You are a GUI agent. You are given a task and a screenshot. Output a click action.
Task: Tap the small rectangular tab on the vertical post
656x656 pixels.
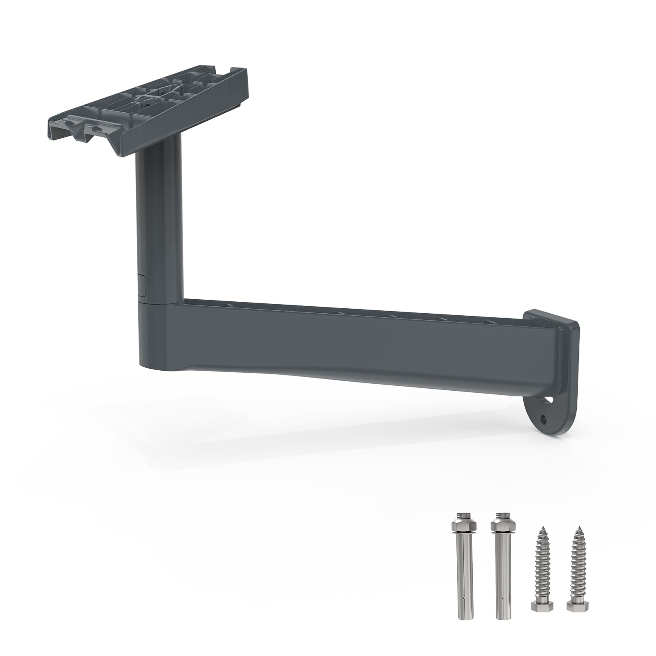coord(142,285)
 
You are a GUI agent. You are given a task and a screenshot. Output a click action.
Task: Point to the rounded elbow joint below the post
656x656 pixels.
coord(158,336)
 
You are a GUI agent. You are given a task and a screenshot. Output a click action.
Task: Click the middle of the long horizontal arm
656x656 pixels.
coord(361,342)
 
